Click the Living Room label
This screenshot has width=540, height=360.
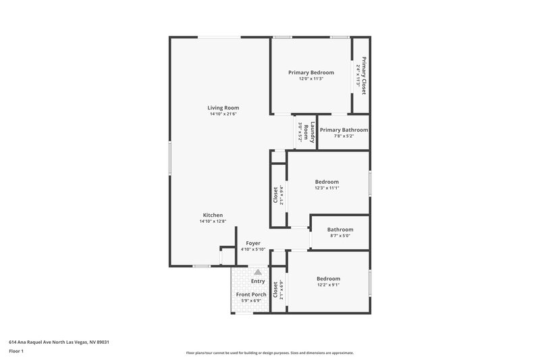[223, 107]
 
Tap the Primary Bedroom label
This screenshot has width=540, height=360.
[311, 72]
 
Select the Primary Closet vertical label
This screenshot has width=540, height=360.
[364, 74]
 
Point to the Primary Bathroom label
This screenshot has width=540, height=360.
[344, 130]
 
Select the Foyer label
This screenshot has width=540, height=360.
[253, 243]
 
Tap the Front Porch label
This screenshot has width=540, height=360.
[251, 294]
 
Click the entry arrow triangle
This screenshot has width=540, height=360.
[257, 272]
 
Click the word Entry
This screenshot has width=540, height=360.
[258, 282]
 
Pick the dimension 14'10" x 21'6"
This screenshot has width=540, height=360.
[223, 114]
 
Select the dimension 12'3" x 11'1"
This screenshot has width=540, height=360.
[327, 188]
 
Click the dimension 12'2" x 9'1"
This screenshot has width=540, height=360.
[328, 285]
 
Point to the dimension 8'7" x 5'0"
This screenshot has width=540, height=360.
[340, 236]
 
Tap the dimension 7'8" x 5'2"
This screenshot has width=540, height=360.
[344, 136]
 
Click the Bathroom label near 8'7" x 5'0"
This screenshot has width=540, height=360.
[340, 230]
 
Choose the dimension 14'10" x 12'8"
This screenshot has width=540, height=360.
[211, 222]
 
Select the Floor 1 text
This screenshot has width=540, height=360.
[17, 351]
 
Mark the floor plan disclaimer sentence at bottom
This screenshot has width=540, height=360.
[269, 353]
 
